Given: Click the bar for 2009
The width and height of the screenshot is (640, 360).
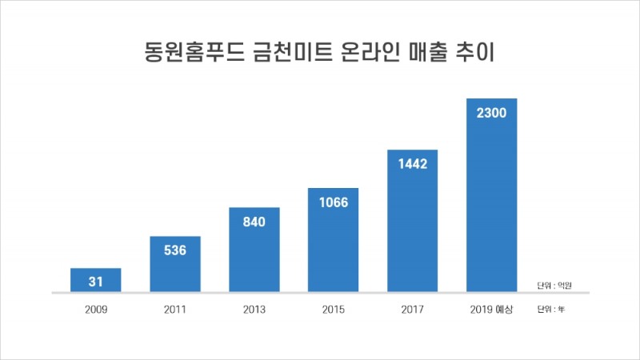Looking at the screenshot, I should point(96,280).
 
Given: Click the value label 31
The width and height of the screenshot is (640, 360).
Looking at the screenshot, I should point(96,281).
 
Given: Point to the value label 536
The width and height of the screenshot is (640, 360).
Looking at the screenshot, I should point(175,250).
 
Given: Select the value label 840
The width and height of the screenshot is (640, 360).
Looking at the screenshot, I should point(254,222).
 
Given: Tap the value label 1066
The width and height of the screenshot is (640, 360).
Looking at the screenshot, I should point(334,202).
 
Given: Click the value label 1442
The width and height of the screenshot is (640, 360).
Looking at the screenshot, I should point(413,163).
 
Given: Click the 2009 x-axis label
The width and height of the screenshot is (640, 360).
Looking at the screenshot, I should point(96,309).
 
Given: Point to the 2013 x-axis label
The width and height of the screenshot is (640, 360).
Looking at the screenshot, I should point(254,309).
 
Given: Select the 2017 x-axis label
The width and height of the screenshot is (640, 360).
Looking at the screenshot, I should point(413,309).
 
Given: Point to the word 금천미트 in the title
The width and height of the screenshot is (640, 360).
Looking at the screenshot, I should point(277,54).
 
